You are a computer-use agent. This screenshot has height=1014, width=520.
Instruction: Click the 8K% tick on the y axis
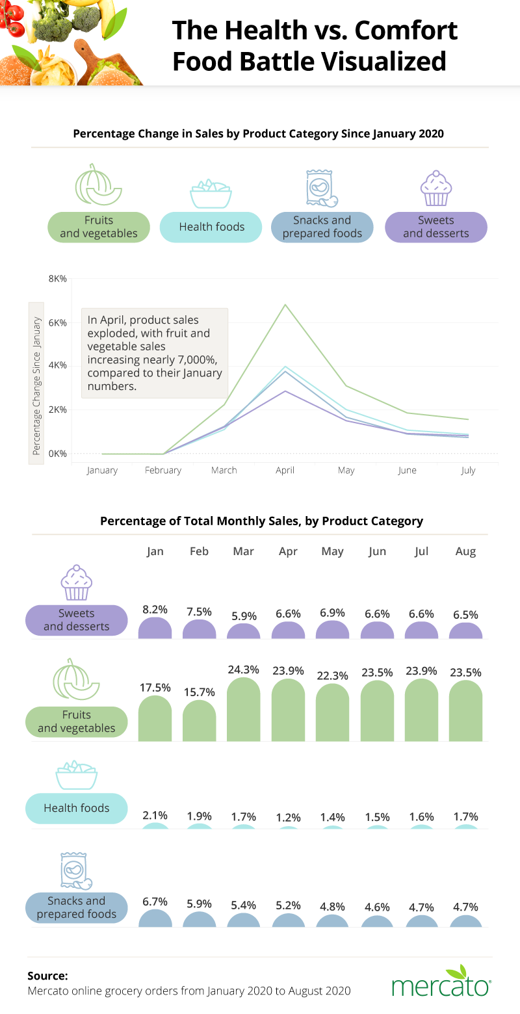pos(57,278)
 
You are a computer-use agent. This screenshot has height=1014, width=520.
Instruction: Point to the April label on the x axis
pos(285,470)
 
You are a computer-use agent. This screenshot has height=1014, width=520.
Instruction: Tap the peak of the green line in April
pos(285,305)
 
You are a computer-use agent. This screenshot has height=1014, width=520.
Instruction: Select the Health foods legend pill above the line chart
pos(211,227)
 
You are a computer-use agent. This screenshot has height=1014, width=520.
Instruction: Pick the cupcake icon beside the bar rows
pos(77,583)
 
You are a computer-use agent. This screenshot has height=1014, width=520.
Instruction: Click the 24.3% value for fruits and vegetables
pos(243,669)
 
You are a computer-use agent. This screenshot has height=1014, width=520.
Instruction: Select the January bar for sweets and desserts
pos(155,628)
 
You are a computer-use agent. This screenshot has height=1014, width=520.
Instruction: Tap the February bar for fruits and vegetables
pos(199,720)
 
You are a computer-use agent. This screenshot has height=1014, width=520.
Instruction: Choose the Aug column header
pos(465,551)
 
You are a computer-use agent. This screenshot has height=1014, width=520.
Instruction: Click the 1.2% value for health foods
pos(287,816)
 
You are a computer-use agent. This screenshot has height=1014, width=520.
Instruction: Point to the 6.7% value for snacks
pos(155,902)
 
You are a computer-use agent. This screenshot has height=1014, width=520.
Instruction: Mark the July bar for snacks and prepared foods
pos(421,921)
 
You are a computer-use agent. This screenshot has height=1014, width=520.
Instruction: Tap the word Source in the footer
pos(47,976)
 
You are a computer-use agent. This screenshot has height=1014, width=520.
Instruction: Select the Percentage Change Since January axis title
pos(36,386)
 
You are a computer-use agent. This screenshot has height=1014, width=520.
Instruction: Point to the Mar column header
pos(243,551)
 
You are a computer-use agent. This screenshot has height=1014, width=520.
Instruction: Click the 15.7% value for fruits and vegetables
pos(199,692)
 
